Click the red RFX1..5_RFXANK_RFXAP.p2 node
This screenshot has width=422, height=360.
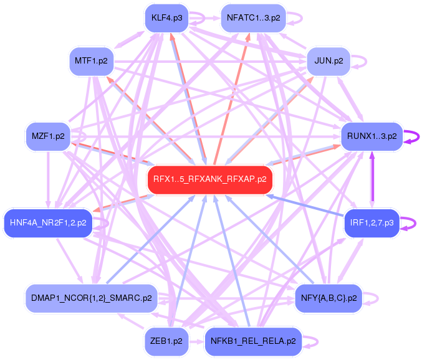[210, 179]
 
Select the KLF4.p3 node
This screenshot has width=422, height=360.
[166, 18]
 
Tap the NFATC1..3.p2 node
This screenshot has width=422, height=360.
[252, 18]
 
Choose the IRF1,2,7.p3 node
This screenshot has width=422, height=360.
[372, 223]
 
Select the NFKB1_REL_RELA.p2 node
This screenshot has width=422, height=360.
[252, 341]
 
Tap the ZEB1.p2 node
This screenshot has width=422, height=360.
[166, 341]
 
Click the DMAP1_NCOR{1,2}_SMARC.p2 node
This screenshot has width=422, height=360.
[91, 298]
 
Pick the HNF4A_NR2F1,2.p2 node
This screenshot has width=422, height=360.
[48, 222]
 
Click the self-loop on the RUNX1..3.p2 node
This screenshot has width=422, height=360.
[412, 137]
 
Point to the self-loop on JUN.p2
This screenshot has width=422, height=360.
[362, 61]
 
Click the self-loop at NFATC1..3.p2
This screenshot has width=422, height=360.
[297, 18]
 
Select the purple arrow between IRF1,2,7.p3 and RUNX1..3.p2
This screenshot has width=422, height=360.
[373, 181]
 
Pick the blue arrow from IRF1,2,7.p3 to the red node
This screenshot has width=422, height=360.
[305, 206]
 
